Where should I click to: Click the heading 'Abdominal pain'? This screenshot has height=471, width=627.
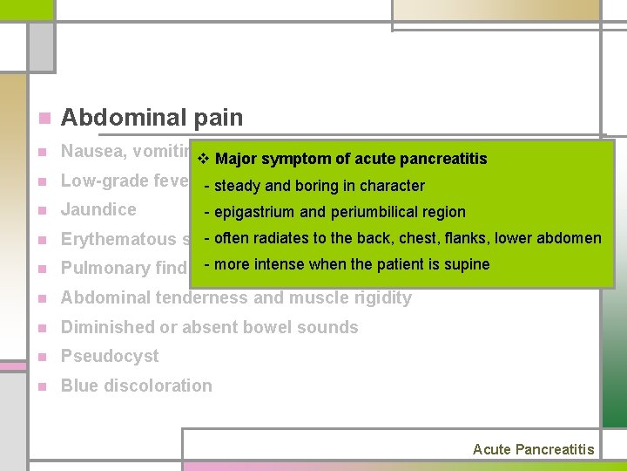click(152, 118)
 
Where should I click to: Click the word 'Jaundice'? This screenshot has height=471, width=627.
click(98, 209)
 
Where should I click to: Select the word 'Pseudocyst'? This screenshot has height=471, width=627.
click(110, 356)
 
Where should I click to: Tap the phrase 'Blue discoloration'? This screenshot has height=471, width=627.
click(136, 386)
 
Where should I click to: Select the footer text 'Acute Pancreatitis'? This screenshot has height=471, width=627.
click(533, 449)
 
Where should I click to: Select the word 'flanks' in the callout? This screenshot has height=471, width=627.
click(466, 238)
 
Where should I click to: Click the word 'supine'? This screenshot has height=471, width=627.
click(469, 264)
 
